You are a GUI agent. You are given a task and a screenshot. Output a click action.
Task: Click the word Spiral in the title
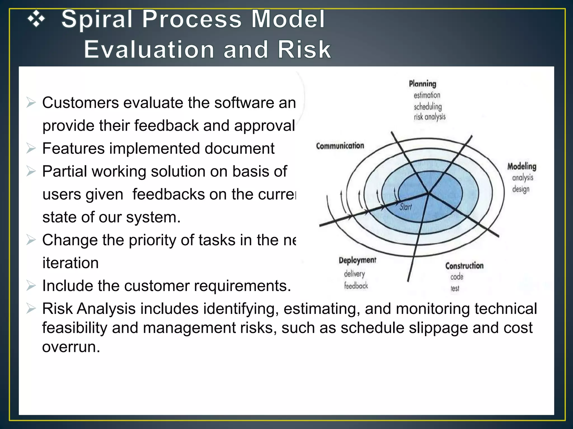(x=97, y=19)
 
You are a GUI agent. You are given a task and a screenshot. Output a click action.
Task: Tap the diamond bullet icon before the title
(x=36, y=19)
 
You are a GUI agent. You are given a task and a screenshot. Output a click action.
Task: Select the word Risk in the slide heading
(x=304, y=49)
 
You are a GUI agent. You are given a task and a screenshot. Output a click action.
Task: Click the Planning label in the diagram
(x=422, y=84)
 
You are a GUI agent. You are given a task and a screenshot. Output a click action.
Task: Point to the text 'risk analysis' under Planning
(x=429, y=117)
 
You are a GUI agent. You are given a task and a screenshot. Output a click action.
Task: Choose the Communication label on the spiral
(x=340, y=146)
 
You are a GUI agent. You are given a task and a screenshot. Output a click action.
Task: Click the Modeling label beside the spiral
(x=522, y=166)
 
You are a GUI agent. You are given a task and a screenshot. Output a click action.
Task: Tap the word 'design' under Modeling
(x=521, y=189)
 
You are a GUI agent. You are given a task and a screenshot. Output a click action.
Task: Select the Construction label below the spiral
(x=464, y=266)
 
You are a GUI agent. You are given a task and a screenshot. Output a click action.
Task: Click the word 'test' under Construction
(x=455, y=288)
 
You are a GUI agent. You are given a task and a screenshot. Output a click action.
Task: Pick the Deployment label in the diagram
(x=357, y=260)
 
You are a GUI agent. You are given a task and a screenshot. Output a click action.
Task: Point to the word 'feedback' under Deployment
(x=356, y=286)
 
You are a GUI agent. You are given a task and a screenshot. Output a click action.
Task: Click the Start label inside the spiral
(x=405, y=207)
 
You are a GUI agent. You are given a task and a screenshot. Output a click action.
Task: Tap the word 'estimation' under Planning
(x=427, y=95)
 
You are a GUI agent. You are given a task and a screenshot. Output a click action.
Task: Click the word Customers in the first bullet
(x=81, y=103)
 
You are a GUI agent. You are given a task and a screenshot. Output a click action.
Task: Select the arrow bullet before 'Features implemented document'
(x=31, y=148)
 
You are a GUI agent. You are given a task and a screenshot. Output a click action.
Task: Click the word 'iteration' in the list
(x=71, y=263)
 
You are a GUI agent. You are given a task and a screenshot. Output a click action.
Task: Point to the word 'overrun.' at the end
(x=71, y=347)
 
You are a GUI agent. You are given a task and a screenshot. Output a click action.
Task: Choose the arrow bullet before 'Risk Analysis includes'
(x=31, y=309)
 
